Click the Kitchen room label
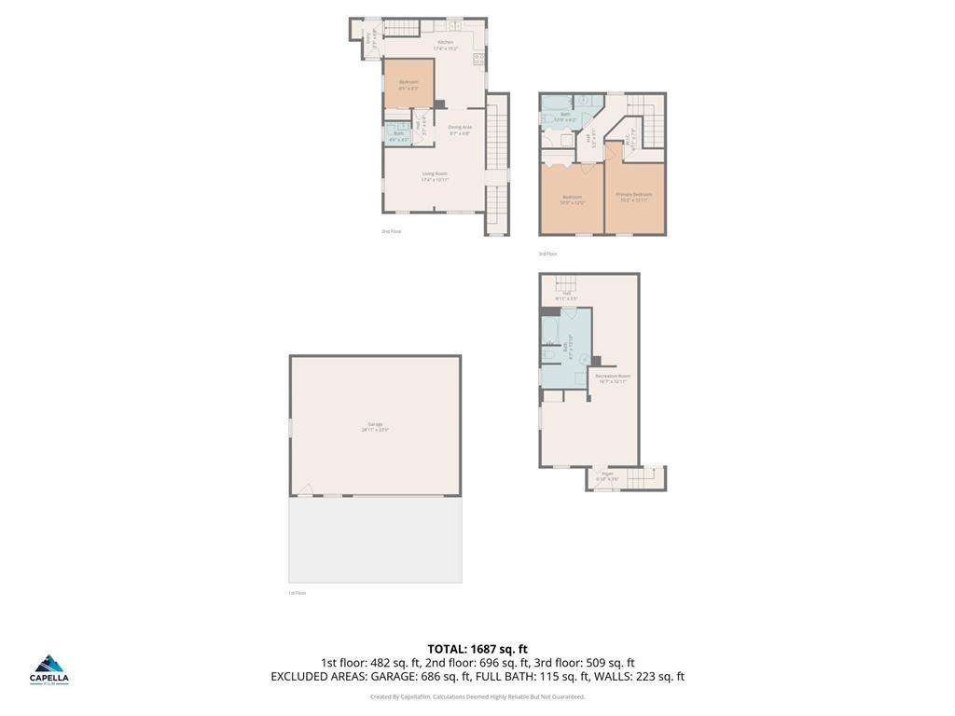447,42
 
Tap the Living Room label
435,173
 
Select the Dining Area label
459,127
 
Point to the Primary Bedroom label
634,194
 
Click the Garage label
374,425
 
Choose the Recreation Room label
613,376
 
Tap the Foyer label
607,474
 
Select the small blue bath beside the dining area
398,133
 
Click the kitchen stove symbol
478,59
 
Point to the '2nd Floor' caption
391,231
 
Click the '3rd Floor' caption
547,254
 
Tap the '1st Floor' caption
297,592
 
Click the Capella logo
50,669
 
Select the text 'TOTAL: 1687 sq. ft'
477,649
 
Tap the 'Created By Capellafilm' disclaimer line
477,696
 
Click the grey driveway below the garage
375,540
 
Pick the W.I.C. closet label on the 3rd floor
634,140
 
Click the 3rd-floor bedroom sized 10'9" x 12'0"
572,198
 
